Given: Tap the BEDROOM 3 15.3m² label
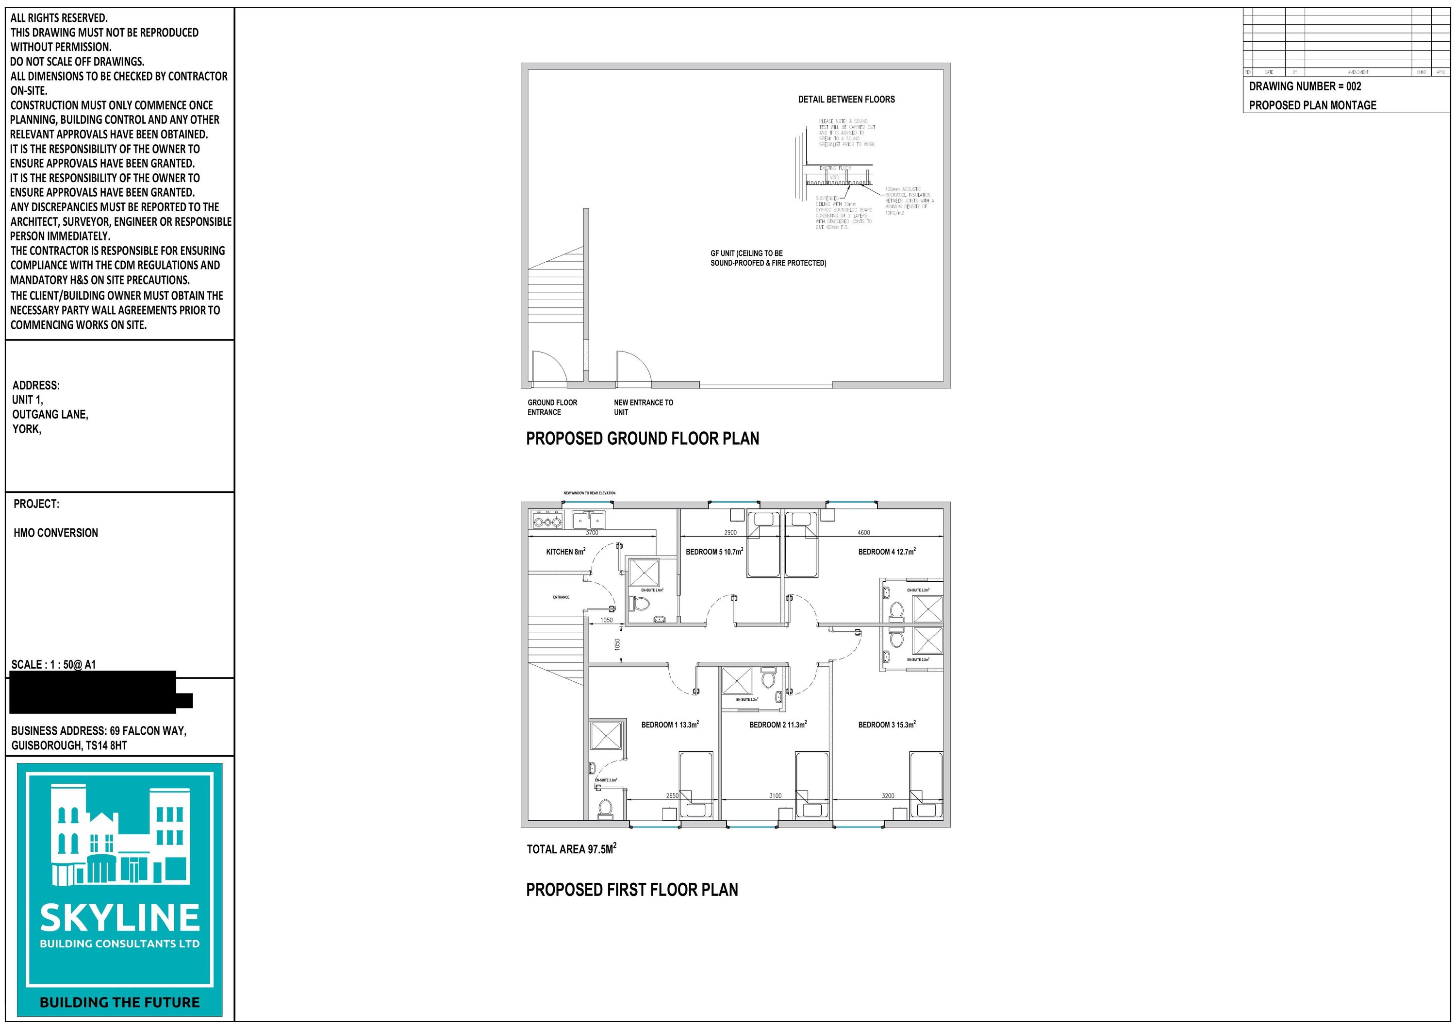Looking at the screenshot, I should click(887, 725).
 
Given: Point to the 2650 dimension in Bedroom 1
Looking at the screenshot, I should click(672, 795).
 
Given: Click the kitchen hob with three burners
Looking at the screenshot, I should click(547, 522).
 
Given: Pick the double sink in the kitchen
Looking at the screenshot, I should click(589, 520).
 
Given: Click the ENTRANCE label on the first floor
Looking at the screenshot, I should click(561, 597).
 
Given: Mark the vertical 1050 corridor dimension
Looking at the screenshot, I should click(617, 644).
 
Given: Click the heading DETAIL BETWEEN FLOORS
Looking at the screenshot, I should click(846, 100).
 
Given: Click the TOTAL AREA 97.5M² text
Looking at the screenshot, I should click(571, 849).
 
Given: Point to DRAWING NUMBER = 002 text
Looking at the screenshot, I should click(1305, 86).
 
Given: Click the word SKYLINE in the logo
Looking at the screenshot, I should click(120, 918).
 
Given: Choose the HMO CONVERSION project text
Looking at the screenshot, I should click(56, 533).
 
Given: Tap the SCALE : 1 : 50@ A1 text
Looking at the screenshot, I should click(53, 664).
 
